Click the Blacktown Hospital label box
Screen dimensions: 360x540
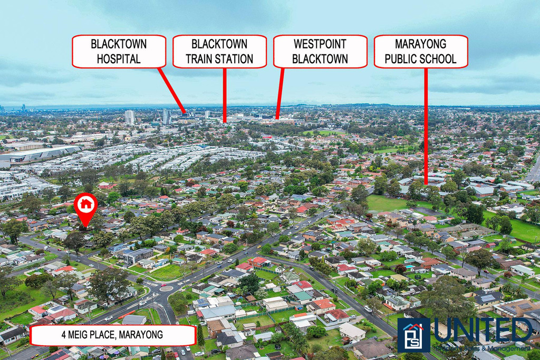coord(119,51)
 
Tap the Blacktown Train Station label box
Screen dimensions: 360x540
coord(219,51)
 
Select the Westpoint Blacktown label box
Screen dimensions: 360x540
coord(320,51)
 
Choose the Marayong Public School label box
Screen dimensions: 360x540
coord(421,51)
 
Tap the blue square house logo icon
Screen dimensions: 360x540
coord(413,335)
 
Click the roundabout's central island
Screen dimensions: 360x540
coord(165,288)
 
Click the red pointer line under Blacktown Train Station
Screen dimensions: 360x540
coord(225,95)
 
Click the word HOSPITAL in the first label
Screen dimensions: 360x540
coord(119,59)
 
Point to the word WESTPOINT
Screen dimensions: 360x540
coord(320,44)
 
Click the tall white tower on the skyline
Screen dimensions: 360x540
coord(129,116)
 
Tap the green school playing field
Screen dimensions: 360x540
coord(388,203)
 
